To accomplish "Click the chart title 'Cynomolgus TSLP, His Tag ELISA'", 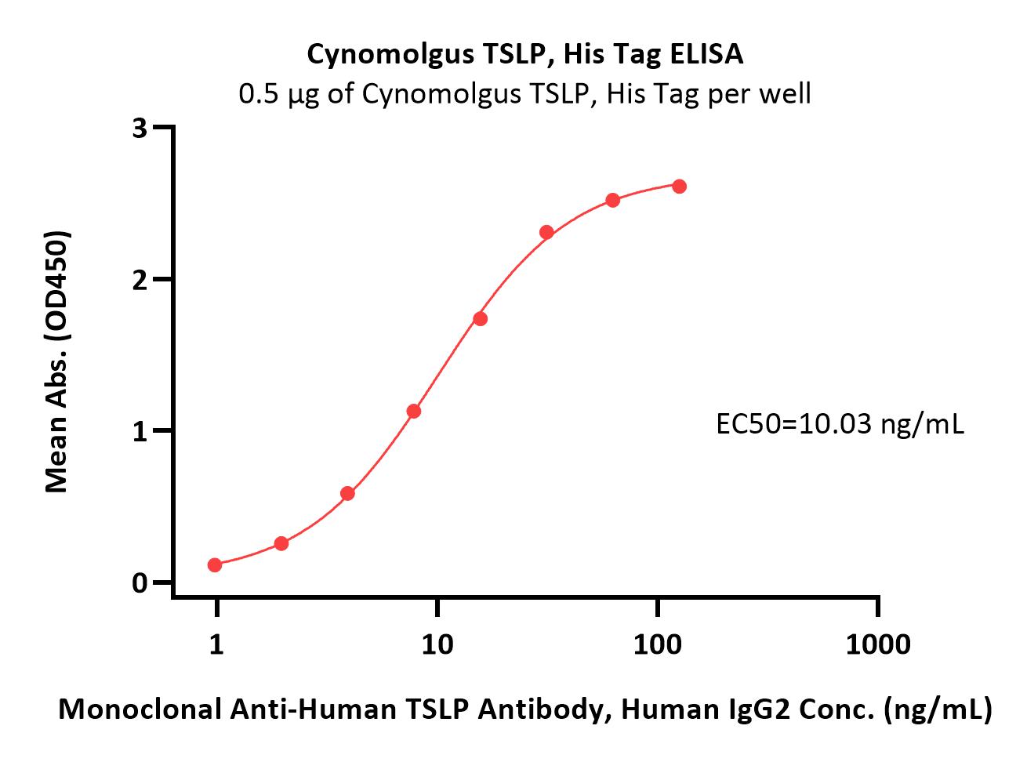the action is pyautogui.click(x=524, y=55).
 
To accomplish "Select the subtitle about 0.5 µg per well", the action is pyautogui.click(x=524, y=94).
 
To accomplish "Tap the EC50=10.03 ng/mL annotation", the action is pyautogui.click(x=840, y=424).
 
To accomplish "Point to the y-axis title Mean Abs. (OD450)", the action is pyautogui.click(x=57, y=361).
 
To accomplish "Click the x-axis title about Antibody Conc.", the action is pyautogui.click(x=525, y=709).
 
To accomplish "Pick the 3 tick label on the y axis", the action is pyautogui.click(x=140, y=128).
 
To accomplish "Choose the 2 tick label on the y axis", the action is pyautogui.click(x=140, y=280).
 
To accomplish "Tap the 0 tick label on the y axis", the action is pyautogui.click(x=140, y=583).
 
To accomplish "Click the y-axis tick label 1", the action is pyautogui.click(x=140, y=432).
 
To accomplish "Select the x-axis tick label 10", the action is pyautogui.click(x=437, y=644).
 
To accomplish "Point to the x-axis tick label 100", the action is pyautogui.click(x=658, y=644).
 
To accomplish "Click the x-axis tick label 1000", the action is pyautogui.click(x=878, y=644).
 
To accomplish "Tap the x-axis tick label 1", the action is pyautogui.click(x=216, y=644).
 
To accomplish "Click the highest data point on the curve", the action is pyautogui.click(x=679, y=187).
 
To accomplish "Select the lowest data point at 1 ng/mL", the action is pyautogui.click(x=215, y=565).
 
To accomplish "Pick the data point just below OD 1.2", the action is pyautogui.click(x=414, y=411).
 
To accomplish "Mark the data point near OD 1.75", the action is pyautogui.click(x=480, y=319).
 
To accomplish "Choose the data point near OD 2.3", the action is pyautogui.click(x=547, y=232).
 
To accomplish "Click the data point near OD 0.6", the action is pyautogui.click(x=348, y=494).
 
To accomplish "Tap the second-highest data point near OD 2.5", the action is pyautogui.click(x=613, y=201).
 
